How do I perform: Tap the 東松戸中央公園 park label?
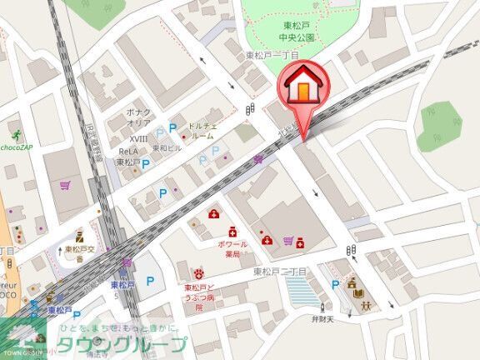[x=296, y=32]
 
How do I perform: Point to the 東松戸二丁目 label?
[x=280, y=272]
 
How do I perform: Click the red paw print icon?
[x=199, y=273]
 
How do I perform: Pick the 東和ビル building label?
[x=167, y=148]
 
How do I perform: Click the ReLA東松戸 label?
[x=127, y=157]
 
